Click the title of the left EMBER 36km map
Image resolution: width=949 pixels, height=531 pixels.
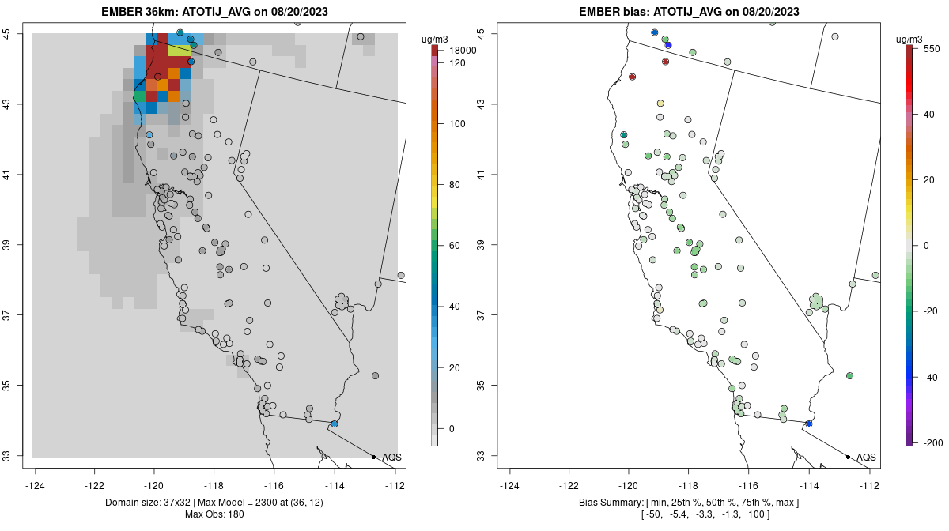click(x=214, y=12)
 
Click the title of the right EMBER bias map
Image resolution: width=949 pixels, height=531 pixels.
click(x=689, y=12)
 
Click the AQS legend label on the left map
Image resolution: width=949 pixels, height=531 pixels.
click(x=391, y=458)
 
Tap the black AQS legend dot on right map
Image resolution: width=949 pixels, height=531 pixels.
click(x=847, y=457)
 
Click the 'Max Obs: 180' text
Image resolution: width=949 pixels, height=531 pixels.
click(x=214, y=514)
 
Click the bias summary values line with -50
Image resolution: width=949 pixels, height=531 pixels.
click(x=689, y=514)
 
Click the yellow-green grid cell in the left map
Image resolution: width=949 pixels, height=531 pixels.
click(x=180, y=51)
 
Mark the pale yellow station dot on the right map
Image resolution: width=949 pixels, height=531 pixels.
click(x=660, y=104)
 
